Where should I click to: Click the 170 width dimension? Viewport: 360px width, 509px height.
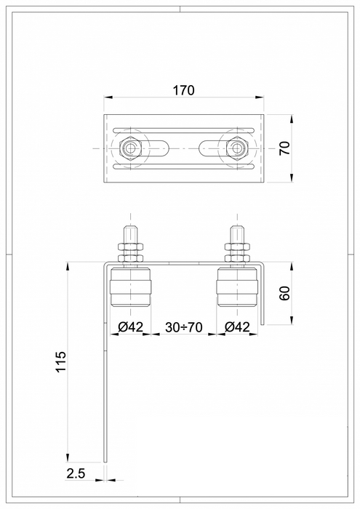[x=183, y=91]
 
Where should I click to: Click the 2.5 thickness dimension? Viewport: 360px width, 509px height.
[x=76, y=473]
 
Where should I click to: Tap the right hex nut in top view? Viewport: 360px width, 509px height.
[x=235, y=148]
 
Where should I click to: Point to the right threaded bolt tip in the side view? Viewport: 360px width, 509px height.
[x=236, y=233]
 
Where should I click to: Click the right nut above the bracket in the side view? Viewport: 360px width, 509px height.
[x=236, y=252]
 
